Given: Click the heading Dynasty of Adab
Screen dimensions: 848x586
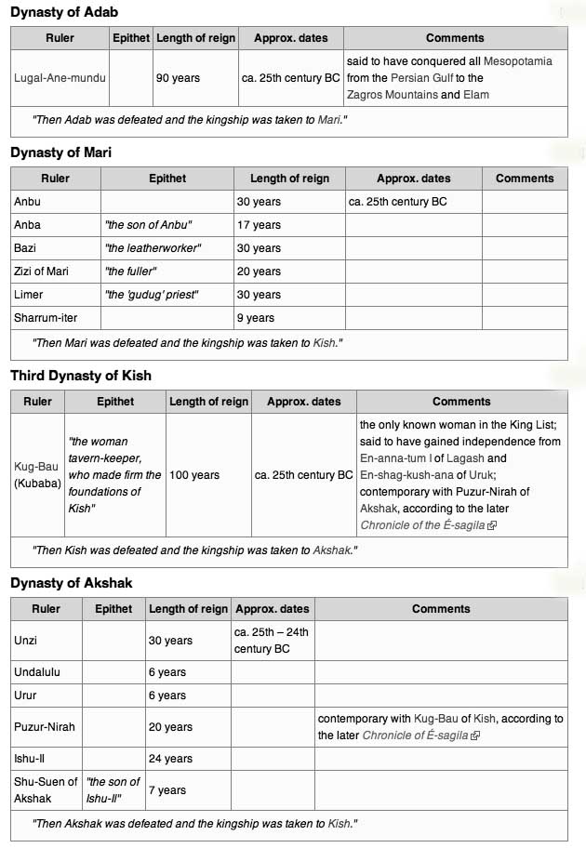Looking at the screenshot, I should pyautogui.click(x=64, y=12).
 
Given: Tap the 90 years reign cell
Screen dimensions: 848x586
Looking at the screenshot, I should pyautogui.click(x=178, y=78).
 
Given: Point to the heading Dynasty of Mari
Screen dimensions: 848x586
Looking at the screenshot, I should pyautogui.click(x=60, y=152).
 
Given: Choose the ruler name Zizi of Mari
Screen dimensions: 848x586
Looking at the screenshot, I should pyautogui.click(x=42, y=272).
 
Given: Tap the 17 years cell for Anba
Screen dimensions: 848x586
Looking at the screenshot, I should pyautogui.click(x=259, y=225).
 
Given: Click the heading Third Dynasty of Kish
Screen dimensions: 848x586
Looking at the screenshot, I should pyautogui.click(x=80, y=376).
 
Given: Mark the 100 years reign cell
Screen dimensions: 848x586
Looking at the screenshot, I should pyautogui.click(x=194, y=475).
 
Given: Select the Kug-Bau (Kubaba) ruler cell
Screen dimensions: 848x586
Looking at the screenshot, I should pyautogui.click(x=38, y=475).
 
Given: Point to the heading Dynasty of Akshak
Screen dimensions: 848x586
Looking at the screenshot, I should pyautogui.click(x=71, y=583).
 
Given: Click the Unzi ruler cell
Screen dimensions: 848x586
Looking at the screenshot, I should pyautogui.click(x=26, y=641).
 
